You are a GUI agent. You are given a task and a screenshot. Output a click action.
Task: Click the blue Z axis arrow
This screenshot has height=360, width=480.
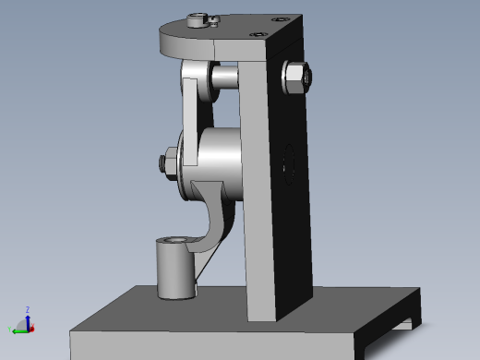[28, 316]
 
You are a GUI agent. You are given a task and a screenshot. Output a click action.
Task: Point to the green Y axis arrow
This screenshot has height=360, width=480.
[18, 327]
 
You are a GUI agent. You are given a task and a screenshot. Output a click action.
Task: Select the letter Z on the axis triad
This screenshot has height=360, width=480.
[29, 309]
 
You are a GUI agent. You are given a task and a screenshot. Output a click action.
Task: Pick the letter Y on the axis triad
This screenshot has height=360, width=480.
[10, 330]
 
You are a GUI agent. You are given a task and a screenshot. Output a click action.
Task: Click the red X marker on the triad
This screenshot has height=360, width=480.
[30, 328]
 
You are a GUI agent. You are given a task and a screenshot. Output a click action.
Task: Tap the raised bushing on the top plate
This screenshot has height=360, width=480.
[196, 19]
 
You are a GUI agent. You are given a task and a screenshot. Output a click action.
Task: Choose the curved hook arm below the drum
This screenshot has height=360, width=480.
[216, 222]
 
